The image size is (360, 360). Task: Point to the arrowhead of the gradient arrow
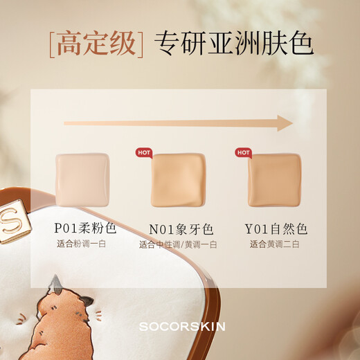pos(285,123)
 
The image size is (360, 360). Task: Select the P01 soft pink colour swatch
pos(82,179)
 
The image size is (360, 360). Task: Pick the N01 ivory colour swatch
pos(179,179)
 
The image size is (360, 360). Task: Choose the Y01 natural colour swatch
pos(275,179)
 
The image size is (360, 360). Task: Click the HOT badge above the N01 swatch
pos(143,153)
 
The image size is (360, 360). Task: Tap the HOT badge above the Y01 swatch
pos(243,153)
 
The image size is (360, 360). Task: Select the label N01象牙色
pos(180,228)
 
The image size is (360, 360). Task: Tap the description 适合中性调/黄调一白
pos(179,244)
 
